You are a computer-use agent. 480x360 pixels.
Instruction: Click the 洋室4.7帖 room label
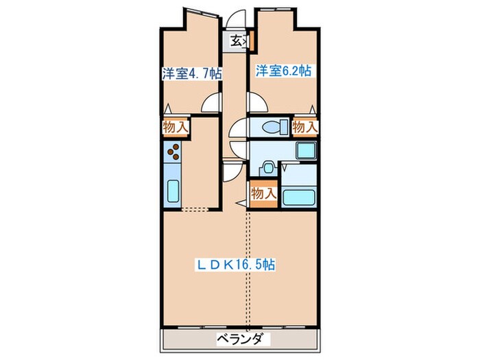pos(191,74)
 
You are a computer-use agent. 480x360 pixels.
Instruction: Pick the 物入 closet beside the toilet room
pos(305,126)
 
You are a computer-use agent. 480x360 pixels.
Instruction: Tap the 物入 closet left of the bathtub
pos(263,194)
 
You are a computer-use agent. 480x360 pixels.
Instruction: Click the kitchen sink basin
pos(173,189)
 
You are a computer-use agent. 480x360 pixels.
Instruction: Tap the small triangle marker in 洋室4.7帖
pos(168,107)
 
